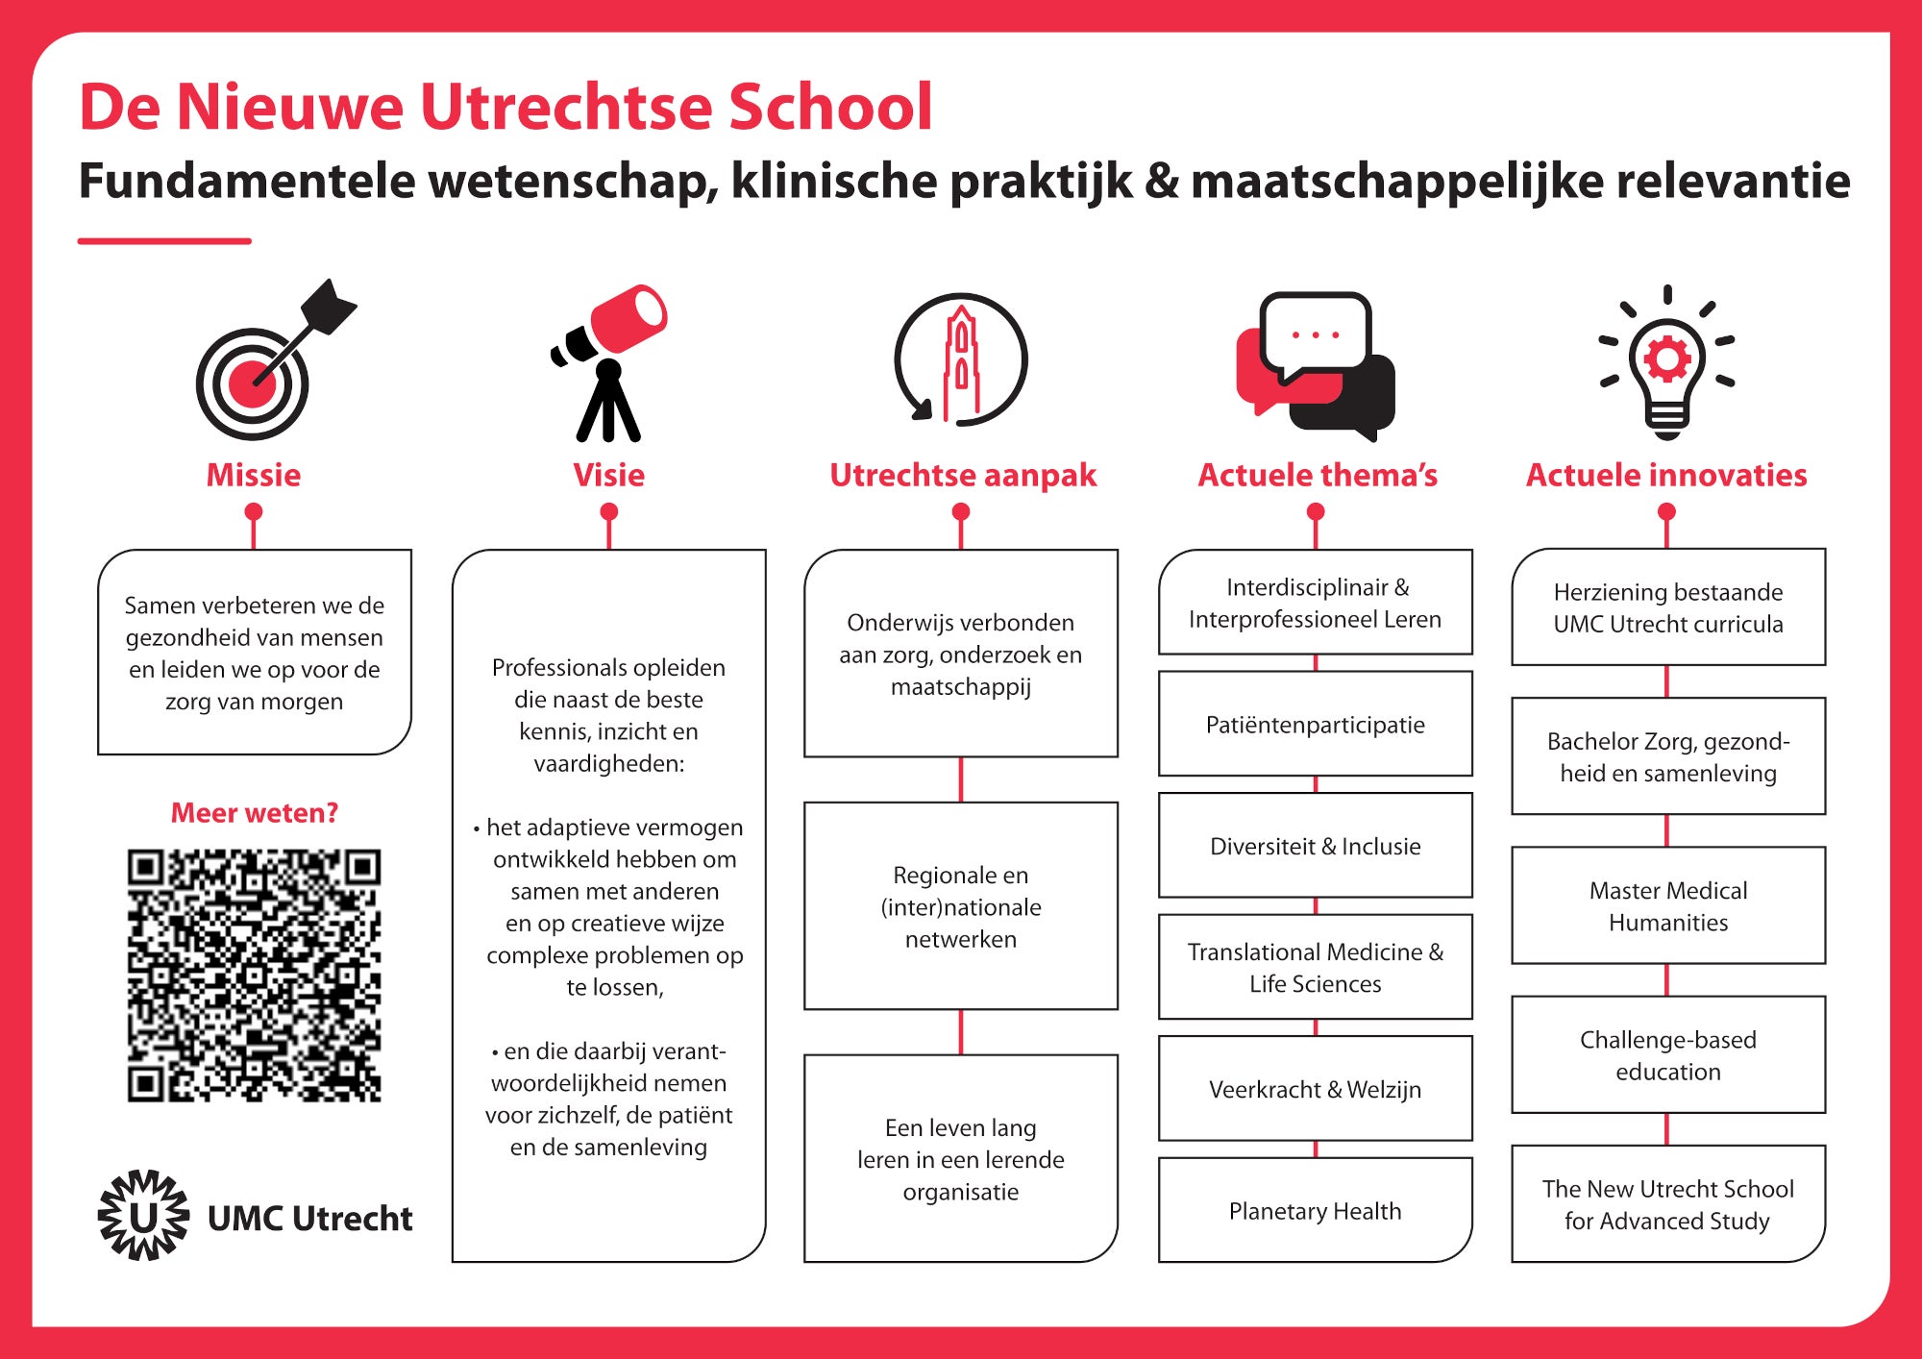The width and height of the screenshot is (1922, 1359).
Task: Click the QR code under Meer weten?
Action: [x=254, y=975]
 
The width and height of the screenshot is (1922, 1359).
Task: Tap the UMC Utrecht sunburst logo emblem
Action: [x=143, y=1215]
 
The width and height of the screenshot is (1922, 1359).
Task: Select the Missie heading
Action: [x=254, y=475]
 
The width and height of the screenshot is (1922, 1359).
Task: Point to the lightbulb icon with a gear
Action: [x=1667, y=363]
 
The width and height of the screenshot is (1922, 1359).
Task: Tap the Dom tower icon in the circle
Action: [x=961, y=360]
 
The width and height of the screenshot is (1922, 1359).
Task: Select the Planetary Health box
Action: [x=1315, y=1210]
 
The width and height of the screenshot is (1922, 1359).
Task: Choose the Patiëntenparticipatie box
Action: [x=1315, y=724]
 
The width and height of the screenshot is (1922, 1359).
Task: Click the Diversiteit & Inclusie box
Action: [x=1315, y=846]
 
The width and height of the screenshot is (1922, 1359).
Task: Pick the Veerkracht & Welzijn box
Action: [x=1315, y=1089]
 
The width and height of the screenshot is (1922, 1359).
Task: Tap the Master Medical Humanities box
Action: [x=1668, y=905]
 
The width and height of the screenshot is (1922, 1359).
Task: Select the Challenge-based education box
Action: [x=1668, y=1054]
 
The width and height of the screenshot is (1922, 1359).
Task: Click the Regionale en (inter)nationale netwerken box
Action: [x=961, y=905]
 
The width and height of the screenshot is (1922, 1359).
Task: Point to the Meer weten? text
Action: [x=254, y=812]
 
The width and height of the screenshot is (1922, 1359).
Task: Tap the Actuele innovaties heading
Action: [x=1666, y=475]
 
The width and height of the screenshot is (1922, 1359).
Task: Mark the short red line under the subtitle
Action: [x=164, y=240]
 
